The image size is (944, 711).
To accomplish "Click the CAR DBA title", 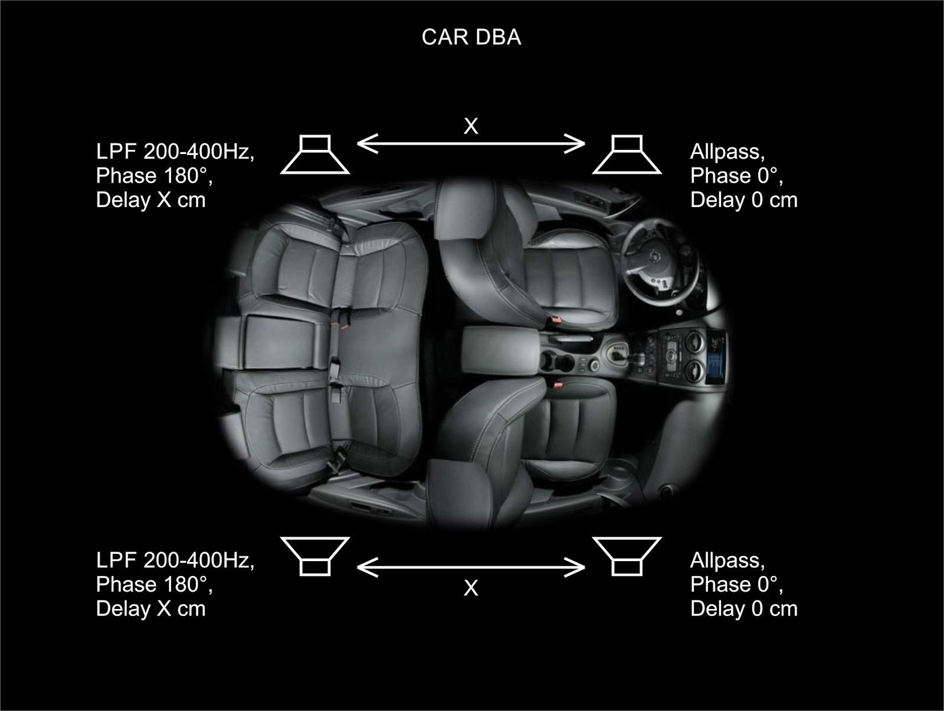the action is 471,37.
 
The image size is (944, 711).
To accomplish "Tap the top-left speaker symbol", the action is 315,155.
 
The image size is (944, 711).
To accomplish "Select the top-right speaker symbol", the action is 627,155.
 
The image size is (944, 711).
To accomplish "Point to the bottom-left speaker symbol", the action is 315,556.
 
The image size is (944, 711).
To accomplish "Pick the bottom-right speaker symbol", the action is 627,556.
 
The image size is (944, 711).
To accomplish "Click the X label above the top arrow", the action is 471,126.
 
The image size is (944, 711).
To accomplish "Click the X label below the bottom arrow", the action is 471,588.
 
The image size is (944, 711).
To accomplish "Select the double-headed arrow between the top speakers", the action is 471,143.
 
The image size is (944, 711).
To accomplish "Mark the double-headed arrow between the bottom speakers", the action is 471,568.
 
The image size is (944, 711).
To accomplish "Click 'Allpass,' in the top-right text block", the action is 727,152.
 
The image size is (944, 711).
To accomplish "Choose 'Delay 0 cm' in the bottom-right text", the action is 744,609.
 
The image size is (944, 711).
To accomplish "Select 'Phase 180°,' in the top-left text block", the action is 154,176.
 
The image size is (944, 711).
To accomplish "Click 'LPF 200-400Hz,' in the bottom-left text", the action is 175,561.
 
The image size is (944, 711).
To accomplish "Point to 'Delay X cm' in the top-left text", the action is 150,200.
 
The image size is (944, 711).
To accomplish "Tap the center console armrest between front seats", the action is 500,349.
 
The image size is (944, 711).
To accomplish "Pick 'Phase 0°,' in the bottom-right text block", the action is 737,585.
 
